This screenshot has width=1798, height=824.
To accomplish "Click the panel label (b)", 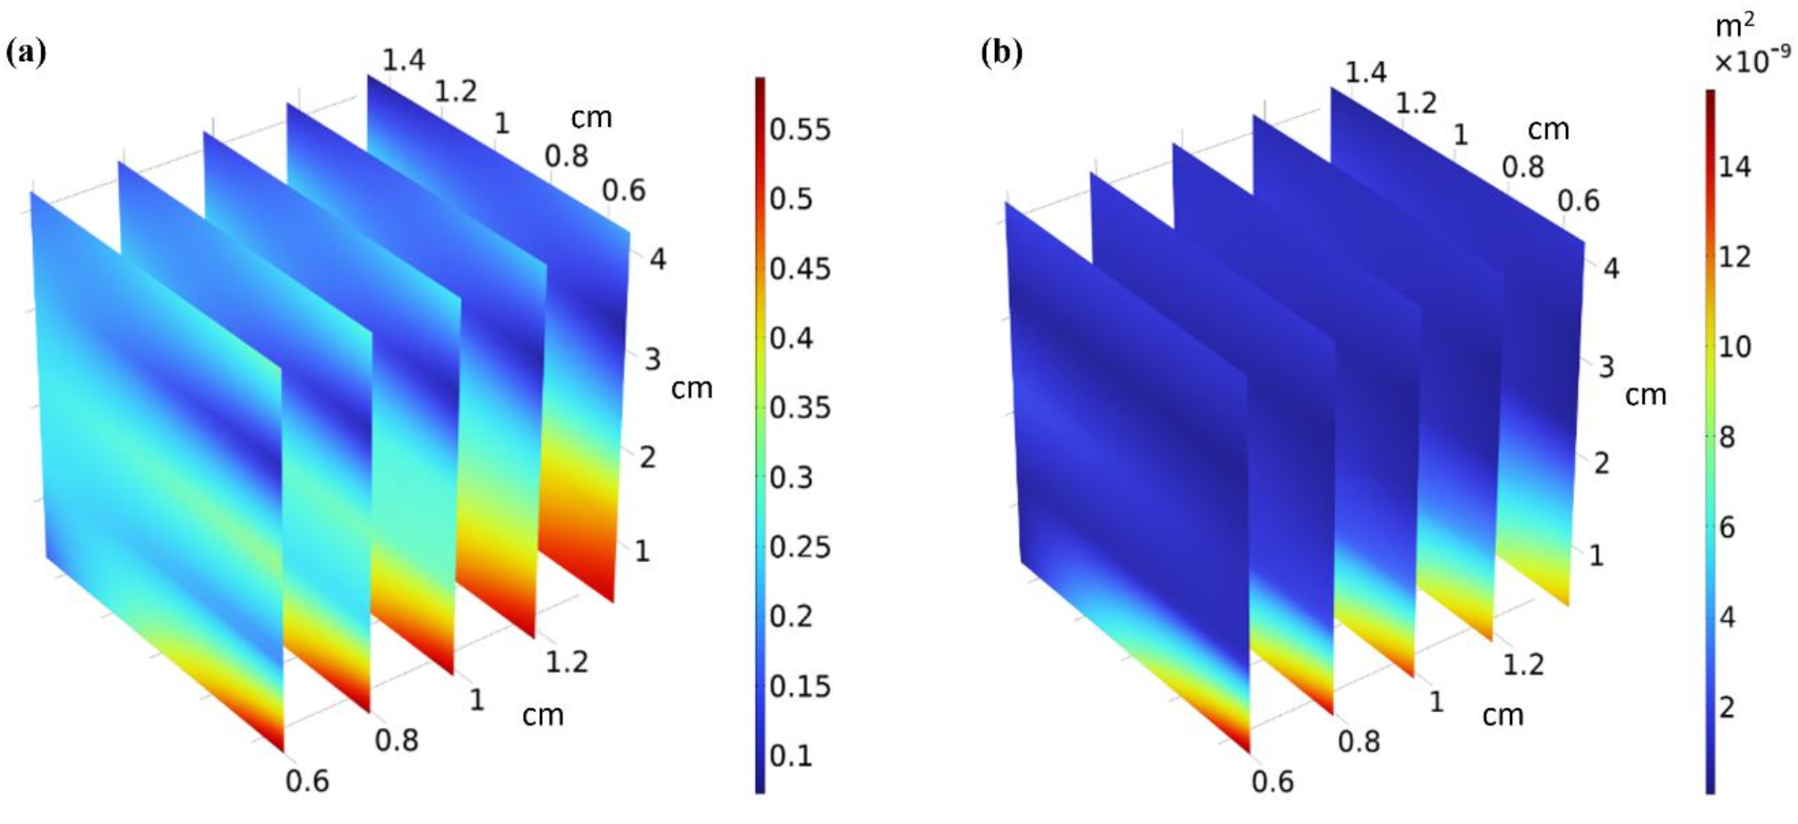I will tap(1001, 54).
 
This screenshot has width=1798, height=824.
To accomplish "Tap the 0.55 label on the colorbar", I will tap(800, 130).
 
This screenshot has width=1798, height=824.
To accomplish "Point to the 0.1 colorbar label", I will tap(791, 756).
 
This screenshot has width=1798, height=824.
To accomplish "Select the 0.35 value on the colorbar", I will tap(800, 408).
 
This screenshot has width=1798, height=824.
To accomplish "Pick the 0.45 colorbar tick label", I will tap(800, 268).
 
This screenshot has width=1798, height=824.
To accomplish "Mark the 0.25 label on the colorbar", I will tap(800, 548).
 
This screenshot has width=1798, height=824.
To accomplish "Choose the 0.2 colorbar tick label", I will tap(791, 616).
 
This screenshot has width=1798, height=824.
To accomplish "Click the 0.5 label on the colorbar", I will tap(791, 199).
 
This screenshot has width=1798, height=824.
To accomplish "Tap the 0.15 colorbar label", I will tap(800, 686).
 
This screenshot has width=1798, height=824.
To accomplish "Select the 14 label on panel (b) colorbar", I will tap(1734, 166).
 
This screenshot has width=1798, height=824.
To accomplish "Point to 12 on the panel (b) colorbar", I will tap(1734, 257).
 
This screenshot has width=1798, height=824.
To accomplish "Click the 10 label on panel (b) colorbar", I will tap(1734, 346).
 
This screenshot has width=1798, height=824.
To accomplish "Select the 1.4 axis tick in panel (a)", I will tap(403, 61).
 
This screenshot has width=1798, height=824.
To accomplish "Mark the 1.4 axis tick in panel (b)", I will tap(1366, 72).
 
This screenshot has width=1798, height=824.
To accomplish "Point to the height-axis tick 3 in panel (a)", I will tap(652, 360).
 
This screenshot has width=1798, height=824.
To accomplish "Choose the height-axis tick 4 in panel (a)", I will tap(657, 260).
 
